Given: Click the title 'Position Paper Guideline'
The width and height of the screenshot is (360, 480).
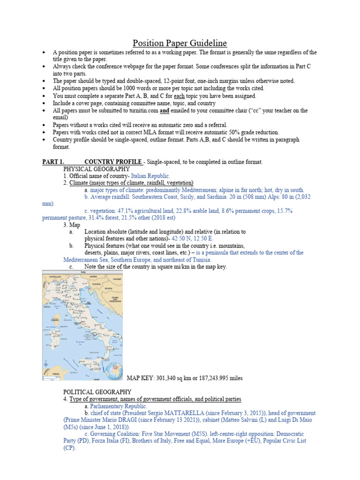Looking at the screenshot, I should click(x=180, y=43).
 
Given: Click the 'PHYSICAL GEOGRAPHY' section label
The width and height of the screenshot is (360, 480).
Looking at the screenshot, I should click(x=96, y=169).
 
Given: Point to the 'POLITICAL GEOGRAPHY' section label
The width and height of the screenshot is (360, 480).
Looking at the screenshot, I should click(x=97, y=392).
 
